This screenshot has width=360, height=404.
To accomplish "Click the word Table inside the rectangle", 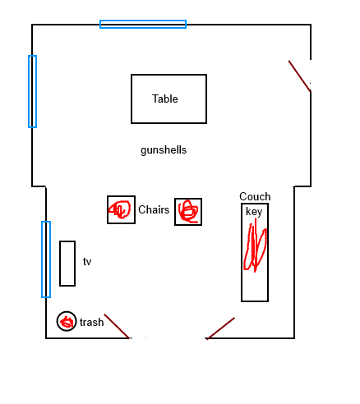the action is pyautogui.click(x=165, y=99).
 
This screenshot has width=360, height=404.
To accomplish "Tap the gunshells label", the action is pyautogui.click(x=164, y=150).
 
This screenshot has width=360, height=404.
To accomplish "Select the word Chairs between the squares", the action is pyautogui.click(x=154, y=209).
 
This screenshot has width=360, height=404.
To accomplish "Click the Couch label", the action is pyautogui.click(x=255, y=196).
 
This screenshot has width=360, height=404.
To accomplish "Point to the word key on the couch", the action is pyautogui.click(x=254, y=212).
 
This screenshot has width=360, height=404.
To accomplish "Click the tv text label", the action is pyautogui.click(x=87, y=261).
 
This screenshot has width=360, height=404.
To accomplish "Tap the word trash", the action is pyautogui.click(x=92, y=322).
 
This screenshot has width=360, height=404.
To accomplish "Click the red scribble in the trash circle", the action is pyautogui.click(x=67, y=322).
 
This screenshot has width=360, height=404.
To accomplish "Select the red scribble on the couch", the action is pyautogui.click(x=255, y=246).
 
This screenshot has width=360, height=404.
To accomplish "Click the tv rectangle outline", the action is pyautogui.click(x=60, y=264).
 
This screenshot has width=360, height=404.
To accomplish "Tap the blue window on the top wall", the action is pyautogui.click(x=143, y=21).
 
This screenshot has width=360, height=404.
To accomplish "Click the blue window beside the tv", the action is pyautogui.click(x=42, y=259).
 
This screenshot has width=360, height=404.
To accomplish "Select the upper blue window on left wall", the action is pyautogui.click(x=29, y=91).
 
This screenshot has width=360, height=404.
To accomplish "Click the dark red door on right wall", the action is pyautogui.click(x=299, y=76).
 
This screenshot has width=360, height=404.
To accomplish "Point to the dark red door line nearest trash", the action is pyautogui.click(x=117, y=326).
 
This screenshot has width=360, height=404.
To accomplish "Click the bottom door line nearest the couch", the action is pyautogui.click(x=220, y=328).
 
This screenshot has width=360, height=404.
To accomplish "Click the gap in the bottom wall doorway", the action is pyautogui.click(x=168, y=338).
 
